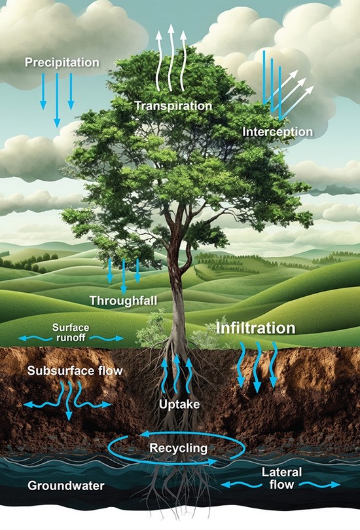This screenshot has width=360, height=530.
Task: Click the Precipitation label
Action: (x=62, y=62)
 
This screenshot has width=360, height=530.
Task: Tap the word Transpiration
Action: (x=173, y=105)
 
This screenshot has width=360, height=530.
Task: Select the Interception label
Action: (x=278, y=132)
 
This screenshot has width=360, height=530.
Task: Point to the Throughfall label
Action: (x=123, y=301)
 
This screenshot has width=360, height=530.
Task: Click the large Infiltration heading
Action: (x=255, y=328)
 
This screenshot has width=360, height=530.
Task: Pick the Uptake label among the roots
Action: (x=179, y=404)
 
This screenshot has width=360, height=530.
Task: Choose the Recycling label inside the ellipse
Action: (x=178, y=448)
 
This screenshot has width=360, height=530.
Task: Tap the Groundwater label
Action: (x=66, y=485)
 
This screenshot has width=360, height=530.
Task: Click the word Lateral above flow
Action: (x=282, y=472)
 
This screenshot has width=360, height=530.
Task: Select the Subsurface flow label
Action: (x=75, y=370)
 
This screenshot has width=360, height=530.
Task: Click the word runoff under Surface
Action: (x=71, y=337)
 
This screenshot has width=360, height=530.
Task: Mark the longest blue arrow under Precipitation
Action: (x=57, y=100)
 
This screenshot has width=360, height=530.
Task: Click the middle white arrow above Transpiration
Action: (x=171, y=58)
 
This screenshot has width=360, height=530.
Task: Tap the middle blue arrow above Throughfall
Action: (x=124, y=276)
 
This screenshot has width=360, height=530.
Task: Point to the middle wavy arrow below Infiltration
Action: (x=258, y=367)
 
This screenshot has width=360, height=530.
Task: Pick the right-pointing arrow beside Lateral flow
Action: (x=320, y=485)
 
